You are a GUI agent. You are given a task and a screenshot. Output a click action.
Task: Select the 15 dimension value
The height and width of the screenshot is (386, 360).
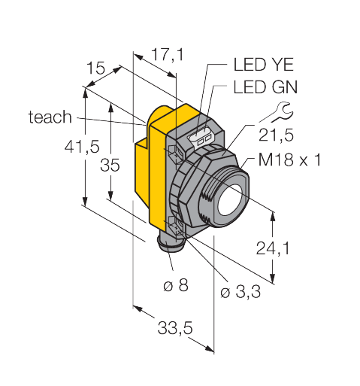click(x=95, y=70)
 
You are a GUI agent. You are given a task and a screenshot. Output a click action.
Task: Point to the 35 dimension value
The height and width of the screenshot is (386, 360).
click(x=110, y=166)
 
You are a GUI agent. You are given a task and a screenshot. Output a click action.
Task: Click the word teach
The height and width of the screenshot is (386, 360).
click(x=50, y=117)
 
